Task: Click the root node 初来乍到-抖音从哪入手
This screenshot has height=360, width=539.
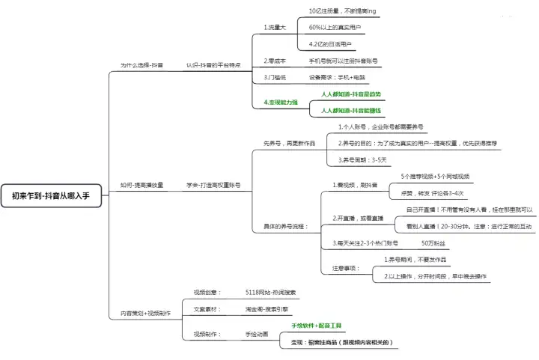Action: coord(56,196)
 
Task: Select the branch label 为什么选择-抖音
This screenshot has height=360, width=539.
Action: coord(142,65)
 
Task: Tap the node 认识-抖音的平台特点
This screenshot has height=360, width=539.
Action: coord(213,65)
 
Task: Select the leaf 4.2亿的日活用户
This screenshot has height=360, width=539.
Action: coord(331,44)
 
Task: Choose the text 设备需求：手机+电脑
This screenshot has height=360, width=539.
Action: coord(338,77)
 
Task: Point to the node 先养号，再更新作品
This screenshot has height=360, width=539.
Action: coord(290,143)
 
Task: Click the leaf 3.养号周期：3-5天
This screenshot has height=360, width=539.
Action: coord(362,159)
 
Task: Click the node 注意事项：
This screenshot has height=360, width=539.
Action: coord(346,268)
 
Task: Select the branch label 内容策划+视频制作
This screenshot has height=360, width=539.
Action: coord(145,313)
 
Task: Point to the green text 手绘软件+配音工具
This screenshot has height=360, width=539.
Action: coord(317,326)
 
